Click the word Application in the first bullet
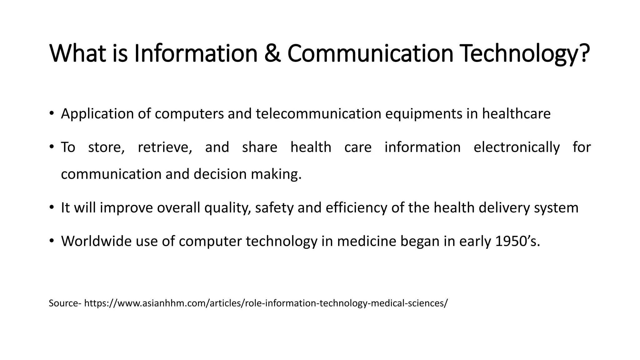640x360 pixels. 97,114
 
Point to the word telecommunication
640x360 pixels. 318,114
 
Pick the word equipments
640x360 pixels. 423,114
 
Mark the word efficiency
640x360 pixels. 356,208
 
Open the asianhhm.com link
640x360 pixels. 266,303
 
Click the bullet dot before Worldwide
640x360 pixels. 52,241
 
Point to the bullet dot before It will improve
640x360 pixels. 52,207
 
